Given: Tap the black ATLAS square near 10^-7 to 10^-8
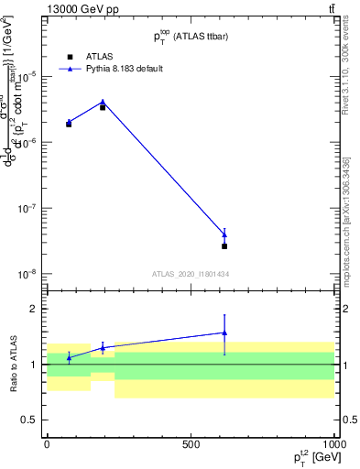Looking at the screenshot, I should point(224,246).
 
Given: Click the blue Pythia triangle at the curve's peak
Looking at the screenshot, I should point(103,103).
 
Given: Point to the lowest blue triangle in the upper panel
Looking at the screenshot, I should point(224,235).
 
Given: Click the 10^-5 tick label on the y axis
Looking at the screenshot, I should point(29,76).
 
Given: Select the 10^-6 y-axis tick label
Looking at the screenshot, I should point(29,142).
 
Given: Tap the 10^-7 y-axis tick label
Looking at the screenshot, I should point(29,208).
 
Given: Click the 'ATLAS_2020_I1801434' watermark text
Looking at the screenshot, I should point(191,274).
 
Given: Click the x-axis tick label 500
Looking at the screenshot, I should point(191,443).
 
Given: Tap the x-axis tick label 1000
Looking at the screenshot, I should point(333,443).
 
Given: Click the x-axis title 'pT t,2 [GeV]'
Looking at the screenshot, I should point(311,457).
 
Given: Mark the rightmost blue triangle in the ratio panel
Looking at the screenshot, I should point(224,333).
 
